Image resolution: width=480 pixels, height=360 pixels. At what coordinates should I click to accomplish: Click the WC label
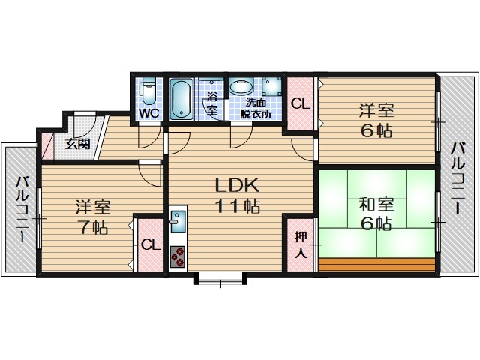pos(149,113)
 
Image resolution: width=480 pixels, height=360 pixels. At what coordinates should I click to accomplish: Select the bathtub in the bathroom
pos(181,100)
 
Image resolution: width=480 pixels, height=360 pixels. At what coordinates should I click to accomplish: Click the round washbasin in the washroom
pos(241,87)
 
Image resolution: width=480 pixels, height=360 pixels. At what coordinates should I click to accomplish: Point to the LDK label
pos(238,184)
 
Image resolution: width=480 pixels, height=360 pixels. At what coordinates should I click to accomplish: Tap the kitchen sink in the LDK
pos(178,222)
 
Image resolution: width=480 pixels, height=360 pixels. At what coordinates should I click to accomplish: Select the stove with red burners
pos(178,256)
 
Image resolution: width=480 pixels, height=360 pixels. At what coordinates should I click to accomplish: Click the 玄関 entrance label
pos(78,143)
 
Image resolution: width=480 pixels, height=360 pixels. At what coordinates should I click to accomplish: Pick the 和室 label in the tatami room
pos(376,205)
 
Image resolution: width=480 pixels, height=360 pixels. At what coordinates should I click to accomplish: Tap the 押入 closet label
pos(301,244)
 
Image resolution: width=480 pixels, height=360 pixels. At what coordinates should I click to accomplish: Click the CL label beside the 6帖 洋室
pos(301,103)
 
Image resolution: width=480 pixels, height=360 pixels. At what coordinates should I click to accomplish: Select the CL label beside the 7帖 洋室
pos(151,245)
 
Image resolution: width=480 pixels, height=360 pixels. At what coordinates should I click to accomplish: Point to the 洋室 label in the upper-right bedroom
pos(376,111)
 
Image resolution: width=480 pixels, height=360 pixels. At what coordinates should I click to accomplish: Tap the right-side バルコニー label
pos(457,178)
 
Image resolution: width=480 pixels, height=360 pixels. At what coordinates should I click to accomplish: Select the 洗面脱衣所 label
pos(256,108)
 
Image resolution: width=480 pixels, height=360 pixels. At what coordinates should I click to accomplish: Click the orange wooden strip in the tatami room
pos(376,264)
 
